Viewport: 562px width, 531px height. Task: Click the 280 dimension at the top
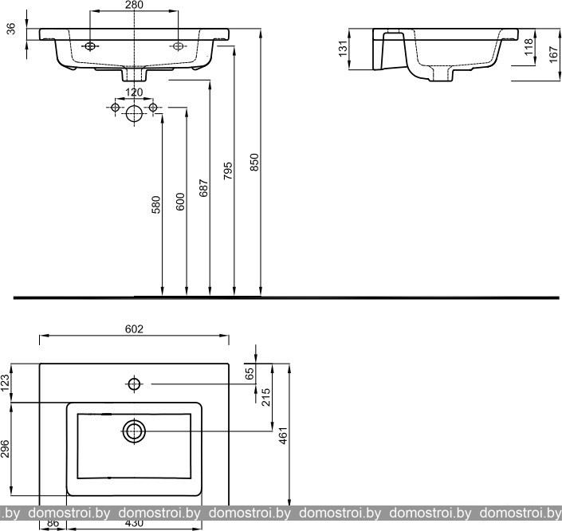(x=133, y=6)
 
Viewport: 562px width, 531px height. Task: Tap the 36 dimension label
(x=10, y=31)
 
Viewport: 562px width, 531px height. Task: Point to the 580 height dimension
(x=156, y=205)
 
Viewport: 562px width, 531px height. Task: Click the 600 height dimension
(x=180, y=202)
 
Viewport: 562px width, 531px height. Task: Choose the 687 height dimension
(x=204, y=188)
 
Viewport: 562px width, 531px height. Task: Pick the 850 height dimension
(x=255, y=163)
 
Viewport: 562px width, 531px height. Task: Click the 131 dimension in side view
(x=343, y=49)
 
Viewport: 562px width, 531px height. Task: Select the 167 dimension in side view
(x=551, y=55)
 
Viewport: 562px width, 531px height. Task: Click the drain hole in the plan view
(x=134, y=432)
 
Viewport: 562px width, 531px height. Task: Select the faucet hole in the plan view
(x=135, y=385)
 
